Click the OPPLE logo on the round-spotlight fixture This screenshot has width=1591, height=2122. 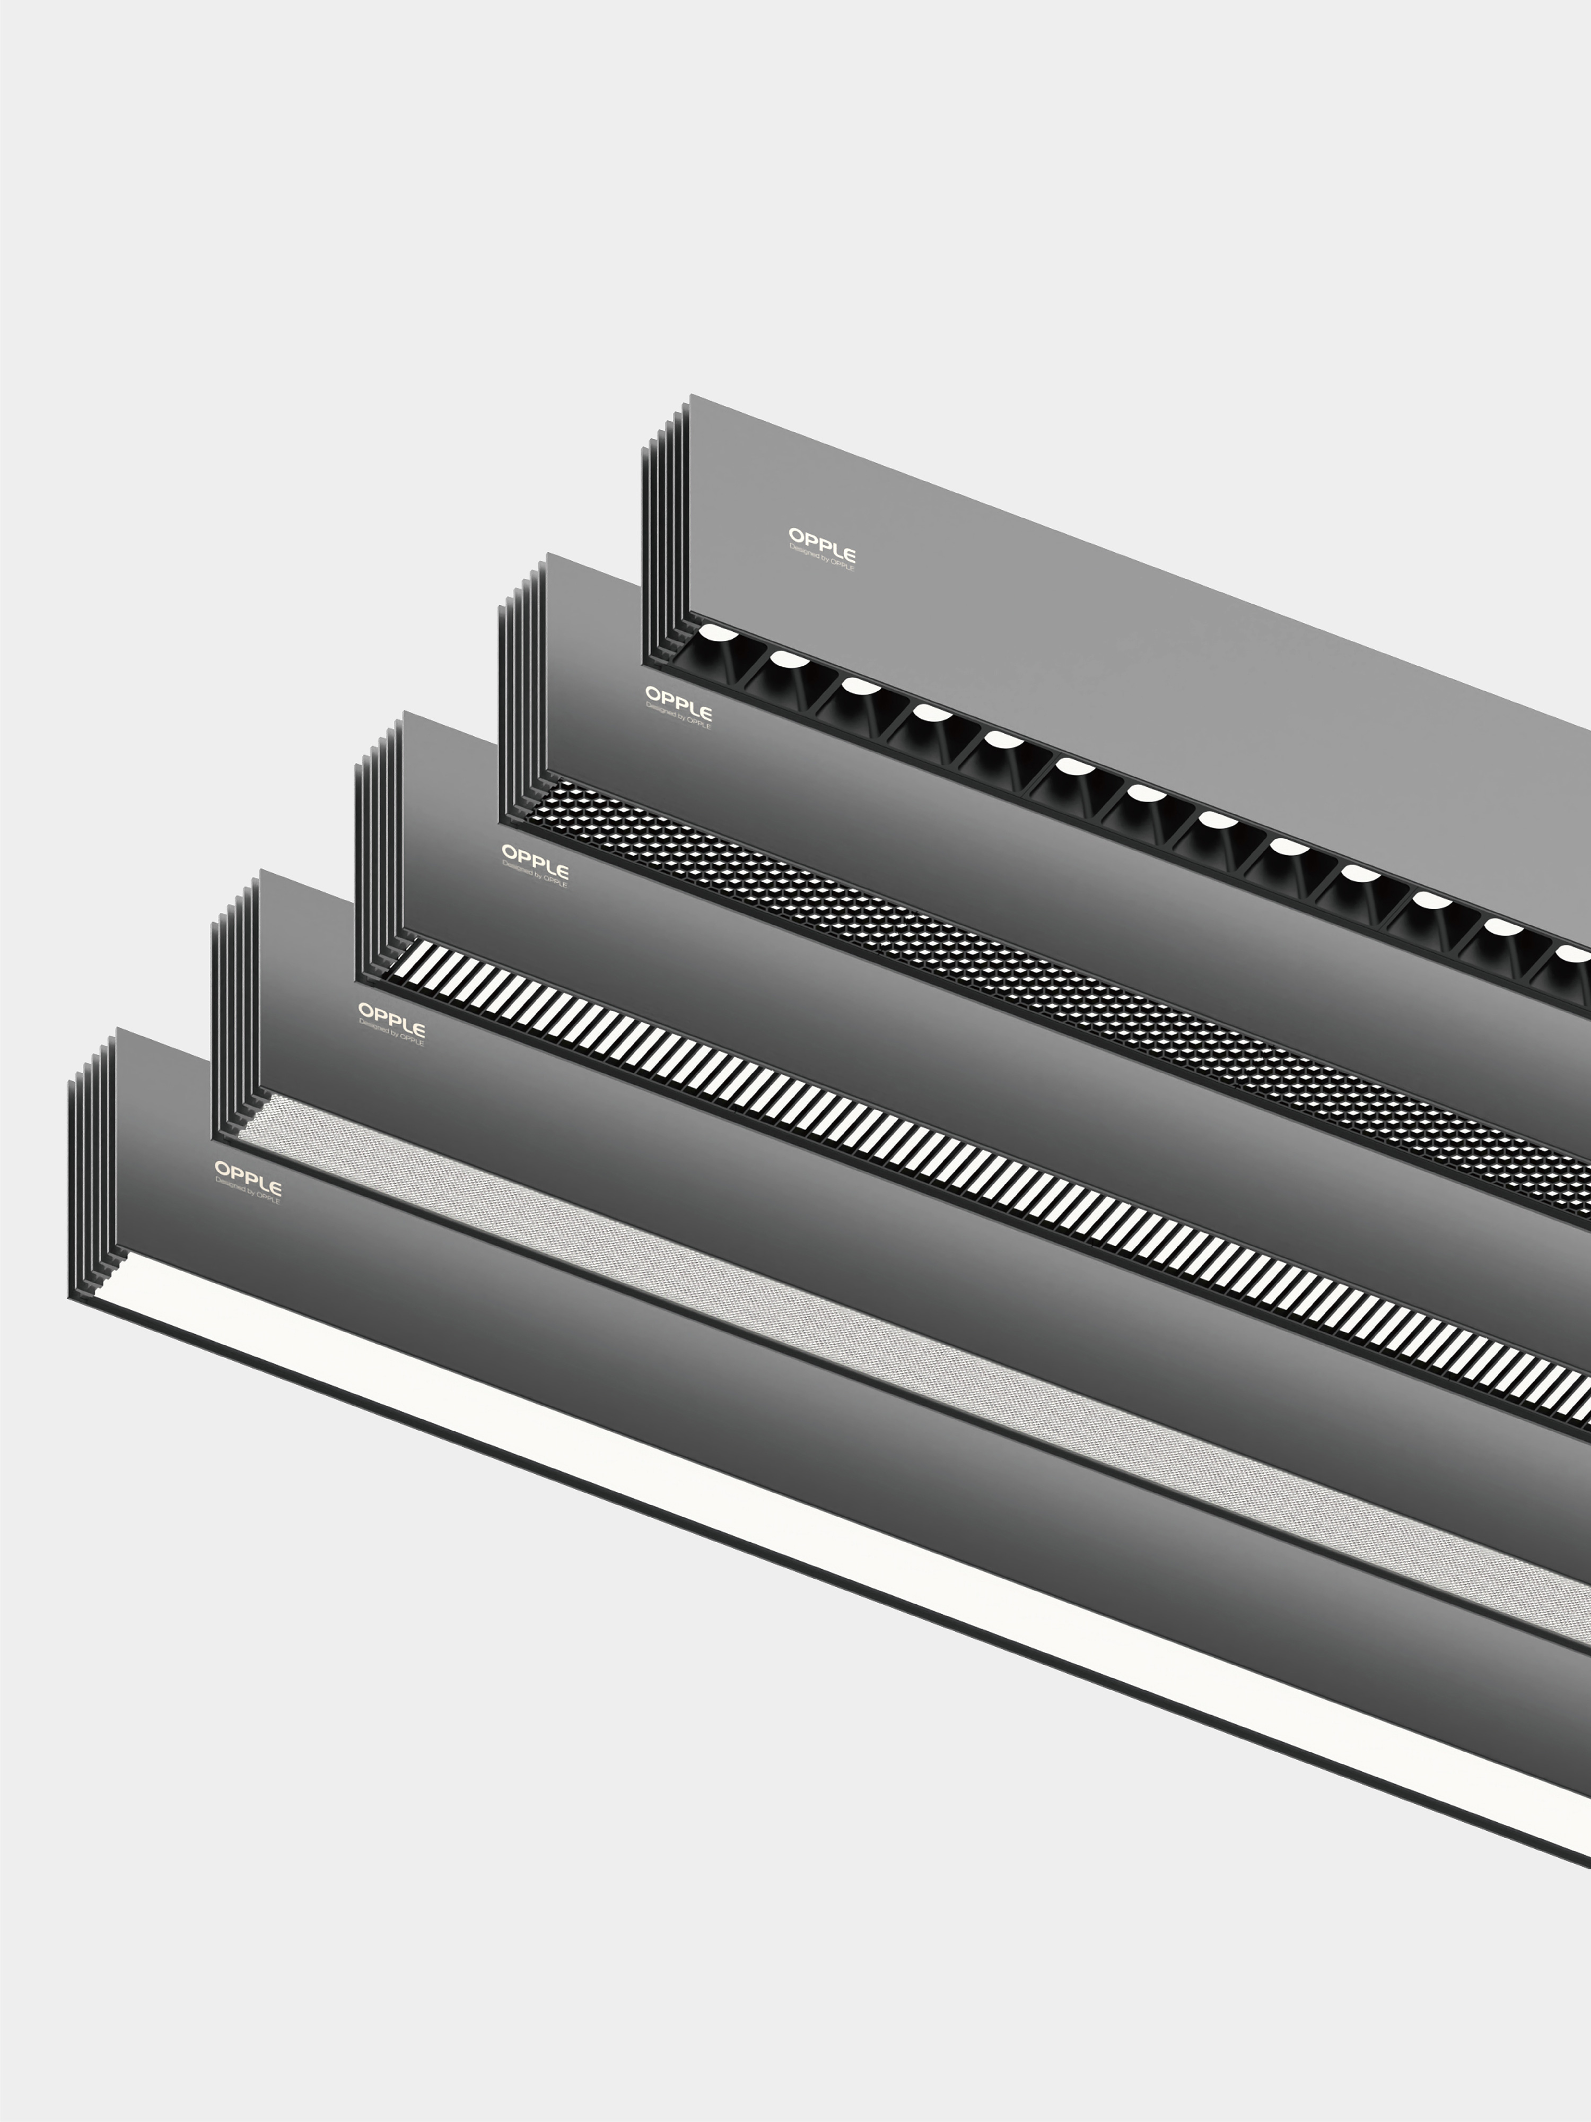821,543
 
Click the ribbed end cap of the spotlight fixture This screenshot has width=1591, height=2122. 665,533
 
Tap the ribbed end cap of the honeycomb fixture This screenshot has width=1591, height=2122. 521,691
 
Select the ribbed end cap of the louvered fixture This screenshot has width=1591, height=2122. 378,849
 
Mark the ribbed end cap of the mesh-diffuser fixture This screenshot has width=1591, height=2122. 234,1007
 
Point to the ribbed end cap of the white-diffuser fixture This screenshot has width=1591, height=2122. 91,1166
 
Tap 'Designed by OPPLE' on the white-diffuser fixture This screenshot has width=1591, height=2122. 248,1193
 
